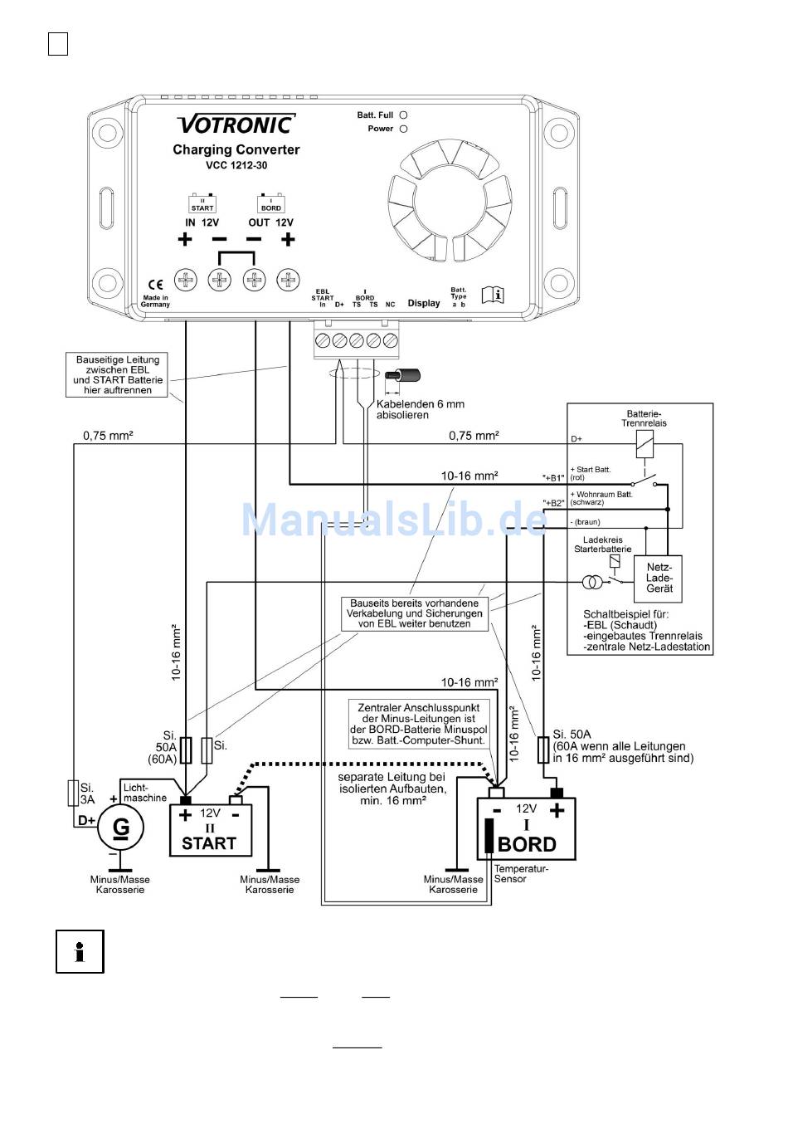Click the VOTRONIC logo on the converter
coord(236,125)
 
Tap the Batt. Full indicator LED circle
coord(403,115)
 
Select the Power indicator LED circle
coord(403,129)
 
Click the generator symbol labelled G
coord(121,828)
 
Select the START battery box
coord(210,830)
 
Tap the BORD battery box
coord(526,828)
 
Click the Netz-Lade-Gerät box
coord(659,578)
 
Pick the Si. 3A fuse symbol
coord(73,793)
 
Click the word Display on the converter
coord(424,303)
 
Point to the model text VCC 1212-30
coord(236,165)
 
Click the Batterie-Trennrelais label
coord(644,418)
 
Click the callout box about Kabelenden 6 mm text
coord(421,409)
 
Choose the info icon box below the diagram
coord(80,951)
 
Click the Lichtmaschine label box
coord(145,792)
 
